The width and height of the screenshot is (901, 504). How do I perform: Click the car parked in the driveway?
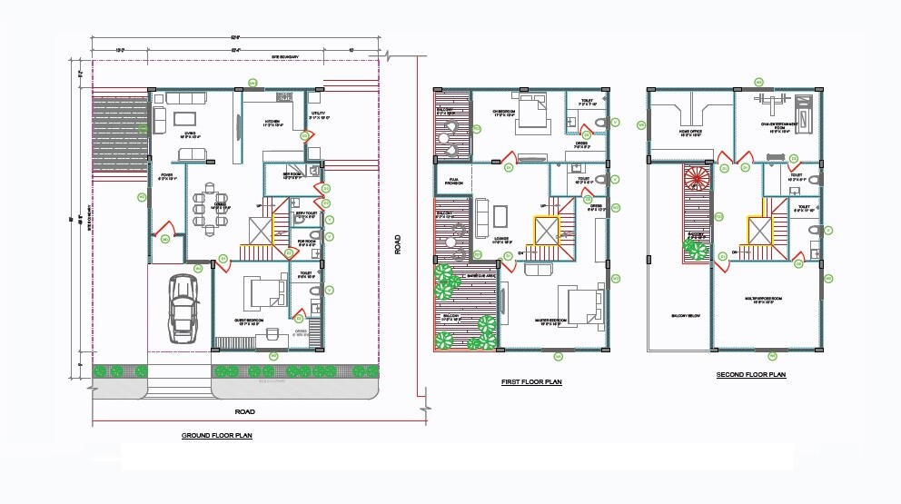coord(183,309)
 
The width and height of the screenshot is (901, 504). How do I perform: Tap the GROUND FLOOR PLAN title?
coord(216,436)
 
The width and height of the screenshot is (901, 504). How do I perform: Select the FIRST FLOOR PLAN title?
coord(531,382)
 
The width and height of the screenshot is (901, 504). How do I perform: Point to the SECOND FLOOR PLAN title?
coord(750,375)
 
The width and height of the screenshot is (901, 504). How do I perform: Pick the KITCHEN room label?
coord(272,124)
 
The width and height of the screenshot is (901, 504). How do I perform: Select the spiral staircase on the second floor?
coord(698,176)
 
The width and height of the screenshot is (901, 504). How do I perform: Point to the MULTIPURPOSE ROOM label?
coord(760,299)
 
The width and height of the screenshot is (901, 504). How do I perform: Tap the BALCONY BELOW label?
coord(685,316)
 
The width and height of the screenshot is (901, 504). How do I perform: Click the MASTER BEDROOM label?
coord(553,321)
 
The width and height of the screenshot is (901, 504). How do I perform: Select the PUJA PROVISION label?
coord(453,182)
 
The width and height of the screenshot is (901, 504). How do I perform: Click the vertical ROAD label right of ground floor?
coord(397,244)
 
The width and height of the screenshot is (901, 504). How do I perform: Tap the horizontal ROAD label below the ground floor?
coord(244,411)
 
